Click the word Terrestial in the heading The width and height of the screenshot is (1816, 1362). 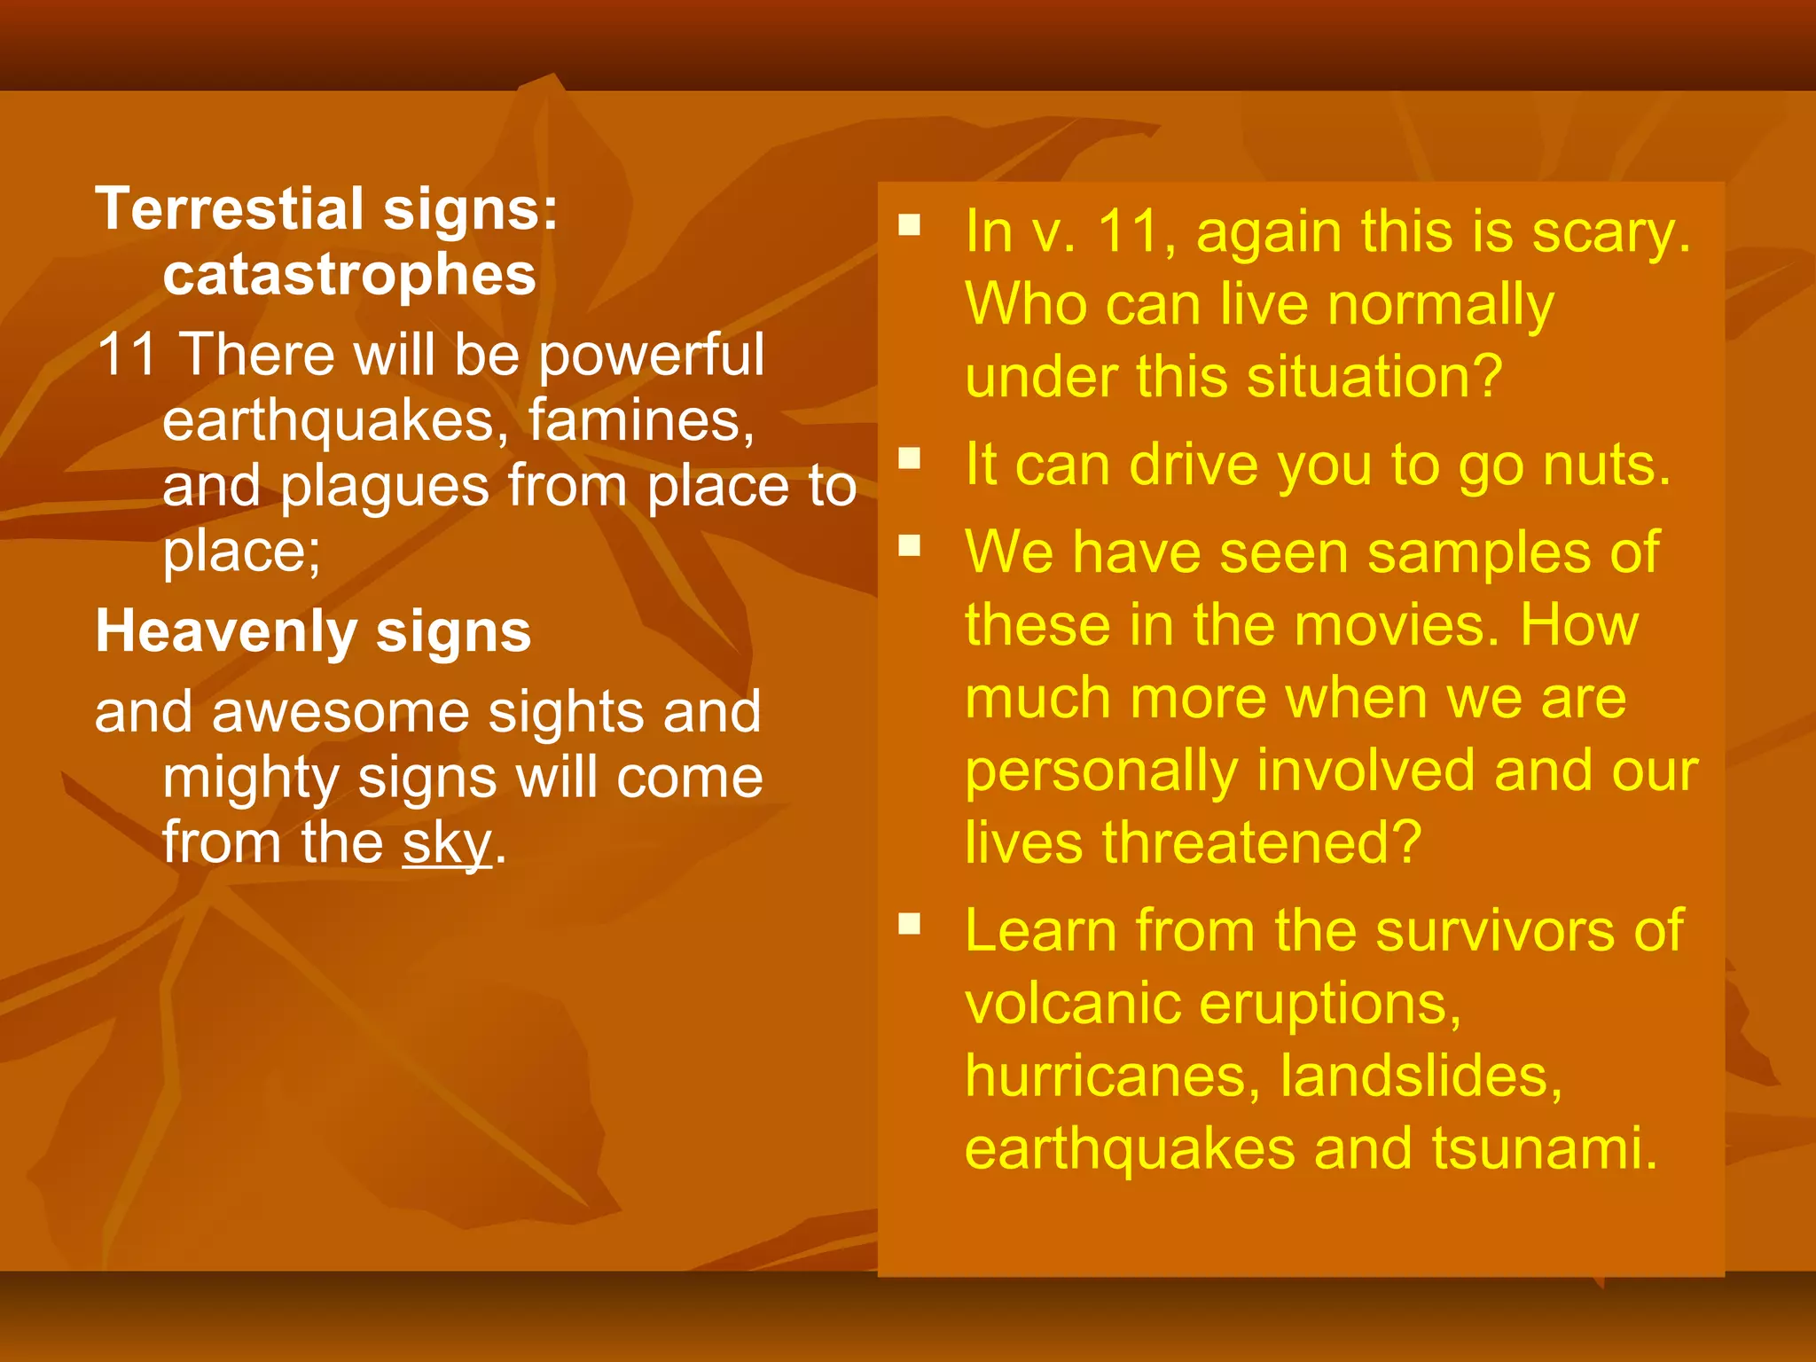[230, 210]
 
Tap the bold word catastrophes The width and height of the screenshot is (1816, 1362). [349, 275]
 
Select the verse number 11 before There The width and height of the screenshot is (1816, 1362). [126, 356]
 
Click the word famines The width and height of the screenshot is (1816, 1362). [640, 420]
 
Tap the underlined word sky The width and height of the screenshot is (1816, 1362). [446, 843]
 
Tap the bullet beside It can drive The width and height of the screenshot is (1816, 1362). [909, 458]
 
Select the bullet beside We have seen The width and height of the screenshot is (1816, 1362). [909, 545]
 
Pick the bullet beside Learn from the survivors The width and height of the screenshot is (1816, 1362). [909, 924]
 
